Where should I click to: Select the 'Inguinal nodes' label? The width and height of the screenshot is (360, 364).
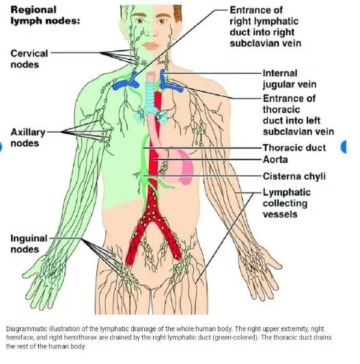pyautogui.click(x=29, y=244)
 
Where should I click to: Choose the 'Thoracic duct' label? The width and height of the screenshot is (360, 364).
pyautogui.click(x=294, y=148)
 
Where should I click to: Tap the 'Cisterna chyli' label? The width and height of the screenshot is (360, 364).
pyautogui.click(x=294, y=176)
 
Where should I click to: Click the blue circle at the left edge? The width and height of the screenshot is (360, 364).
pyautogui.click(x=3, y=145)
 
